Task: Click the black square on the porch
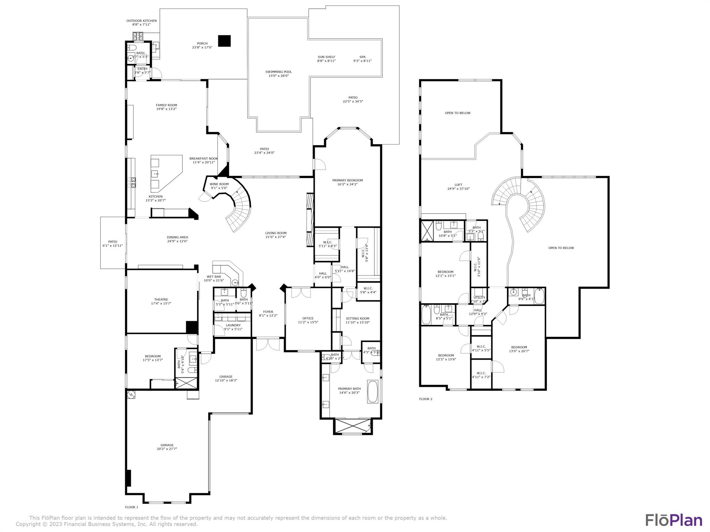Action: [224, 41]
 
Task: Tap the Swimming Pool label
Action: [278, 72]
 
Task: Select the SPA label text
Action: [362, 57]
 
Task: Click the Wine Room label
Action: [219, 184]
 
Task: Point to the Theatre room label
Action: [161, 299]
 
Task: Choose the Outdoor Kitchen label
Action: [141, 21]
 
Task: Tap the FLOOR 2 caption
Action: [426, 399]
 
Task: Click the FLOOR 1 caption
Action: [131, 507]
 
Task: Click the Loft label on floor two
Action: [458, 185]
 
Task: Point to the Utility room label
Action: [479, 298]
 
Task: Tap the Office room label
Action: [308, 318]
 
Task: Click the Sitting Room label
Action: [357, 318]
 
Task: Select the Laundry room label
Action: [233, 325]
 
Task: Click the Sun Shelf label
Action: [326, 57]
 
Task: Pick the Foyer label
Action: [268, 312]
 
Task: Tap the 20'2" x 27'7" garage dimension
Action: [167, 449]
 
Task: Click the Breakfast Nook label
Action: [204, 158]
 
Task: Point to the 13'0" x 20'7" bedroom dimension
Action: [519, 351]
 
